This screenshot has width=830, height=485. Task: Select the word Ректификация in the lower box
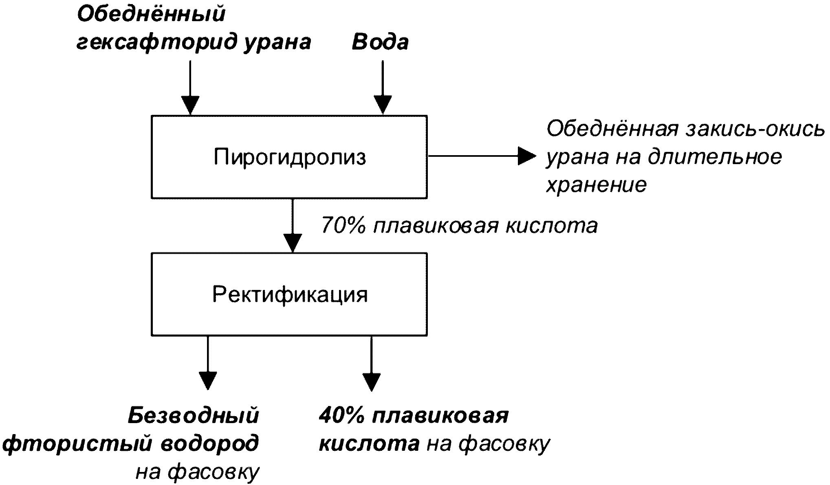pos(290,295)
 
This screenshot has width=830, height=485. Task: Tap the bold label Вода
pos(380,42)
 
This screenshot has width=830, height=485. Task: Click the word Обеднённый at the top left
pos(151,14)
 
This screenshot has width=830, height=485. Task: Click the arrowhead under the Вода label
pos(383,105)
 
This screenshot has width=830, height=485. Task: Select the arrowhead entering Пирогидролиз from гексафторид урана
pos(190,105)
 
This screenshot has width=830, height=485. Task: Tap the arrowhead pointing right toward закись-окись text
pos(527,156)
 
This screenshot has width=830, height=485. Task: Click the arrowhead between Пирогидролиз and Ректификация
pos(293,243)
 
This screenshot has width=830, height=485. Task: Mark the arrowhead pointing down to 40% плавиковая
pos(371,382)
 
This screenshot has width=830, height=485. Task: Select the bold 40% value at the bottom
pos(342,416)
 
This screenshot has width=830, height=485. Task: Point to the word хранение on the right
pos(596,185)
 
